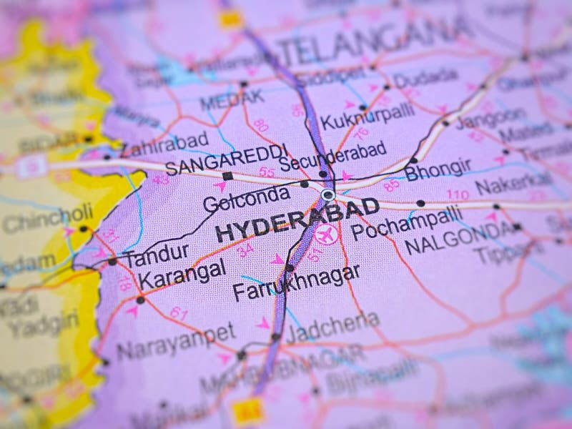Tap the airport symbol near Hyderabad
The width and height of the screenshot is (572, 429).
(x=326, y=233)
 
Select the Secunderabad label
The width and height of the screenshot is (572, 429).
(x=333, y=156)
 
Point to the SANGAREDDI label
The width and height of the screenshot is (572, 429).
(x=227, y=159)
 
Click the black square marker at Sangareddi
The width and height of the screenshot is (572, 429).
(x=227, y=176)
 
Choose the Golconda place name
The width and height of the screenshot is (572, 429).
(x=247, y=198)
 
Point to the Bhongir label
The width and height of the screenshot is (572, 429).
(x=438, y=169)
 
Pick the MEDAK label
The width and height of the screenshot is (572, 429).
(x=232, y=99)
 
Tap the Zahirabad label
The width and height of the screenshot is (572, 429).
(x=165, y=143)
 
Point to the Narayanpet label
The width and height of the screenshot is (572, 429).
(x=176, y=342)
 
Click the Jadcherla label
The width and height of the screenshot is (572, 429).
(x=332, y=327)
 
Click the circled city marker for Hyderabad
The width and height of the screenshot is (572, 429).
(x=327, y=194)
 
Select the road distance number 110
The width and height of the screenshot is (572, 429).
(x=458, y=194)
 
